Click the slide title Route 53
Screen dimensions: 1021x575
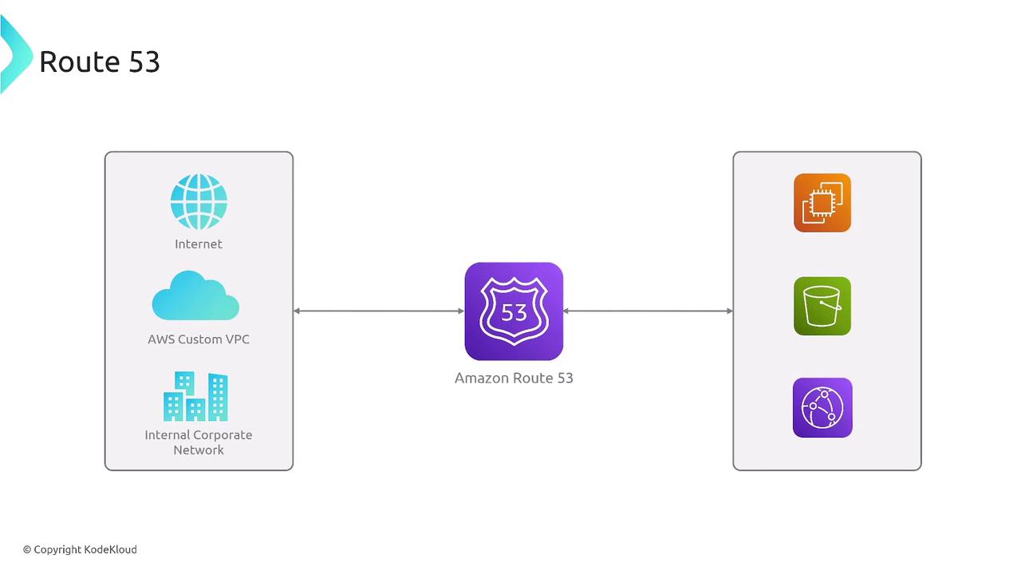[100, 61]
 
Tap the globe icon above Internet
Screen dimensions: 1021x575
[199, 202]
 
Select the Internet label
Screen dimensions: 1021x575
[199, 244]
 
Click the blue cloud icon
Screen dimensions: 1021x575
[195, 295]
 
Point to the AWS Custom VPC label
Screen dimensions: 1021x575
[199, 339]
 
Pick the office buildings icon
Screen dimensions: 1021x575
[195, 396]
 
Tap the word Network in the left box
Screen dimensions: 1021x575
[199, 450]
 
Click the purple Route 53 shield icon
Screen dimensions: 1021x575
[514, 311]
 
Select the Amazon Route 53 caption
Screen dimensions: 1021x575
[514, 379]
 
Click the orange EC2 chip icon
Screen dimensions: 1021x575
[822, 203]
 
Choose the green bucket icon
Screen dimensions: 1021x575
[822, 306]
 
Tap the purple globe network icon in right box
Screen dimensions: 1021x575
[822, 407]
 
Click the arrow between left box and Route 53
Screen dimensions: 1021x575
[379, 311]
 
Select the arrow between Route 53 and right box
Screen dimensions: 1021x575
[648, 311]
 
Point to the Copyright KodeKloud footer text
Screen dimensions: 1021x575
[80, 549]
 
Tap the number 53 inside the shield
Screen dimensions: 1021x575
[514, 312]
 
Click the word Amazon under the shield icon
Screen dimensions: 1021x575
[481, 379]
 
